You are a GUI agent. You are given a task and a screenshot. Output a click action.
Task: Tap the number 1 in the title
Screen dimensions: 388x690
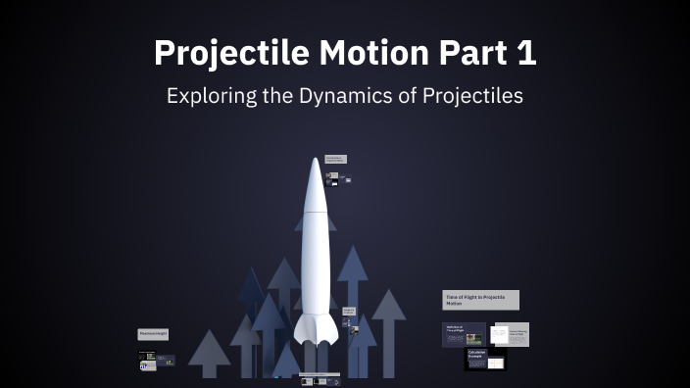point(526,54)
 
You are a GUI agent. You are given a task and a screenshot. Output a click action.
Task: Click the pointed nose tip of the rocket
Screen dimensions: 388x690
point(315,159)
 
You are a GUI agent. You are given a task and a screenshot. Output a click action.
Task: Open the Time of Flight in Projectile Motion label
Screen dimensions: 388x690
point(480,300)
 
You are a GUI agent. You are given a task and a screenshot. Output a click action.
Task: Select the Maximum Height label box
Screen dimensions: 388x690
point(153,334)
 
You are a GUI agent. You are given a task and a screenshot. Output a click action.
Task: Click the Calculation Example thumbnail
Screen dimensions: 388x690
point(484,359)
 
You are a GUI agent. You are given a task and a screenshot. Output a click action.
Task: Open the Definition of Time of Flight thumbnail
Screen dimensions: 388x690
point(464,333)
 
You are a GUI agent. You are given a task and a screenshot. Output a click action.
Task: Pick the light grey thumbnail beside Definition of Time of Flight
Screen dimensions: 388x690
point(511,334)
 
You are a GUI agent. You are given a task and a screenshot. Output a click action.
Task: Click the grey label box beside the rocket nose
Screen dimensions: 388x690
point(335,159)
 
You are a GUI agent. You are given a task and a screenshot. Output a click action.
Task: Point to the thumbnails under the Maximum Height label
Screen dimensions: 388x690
point(156,359)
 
